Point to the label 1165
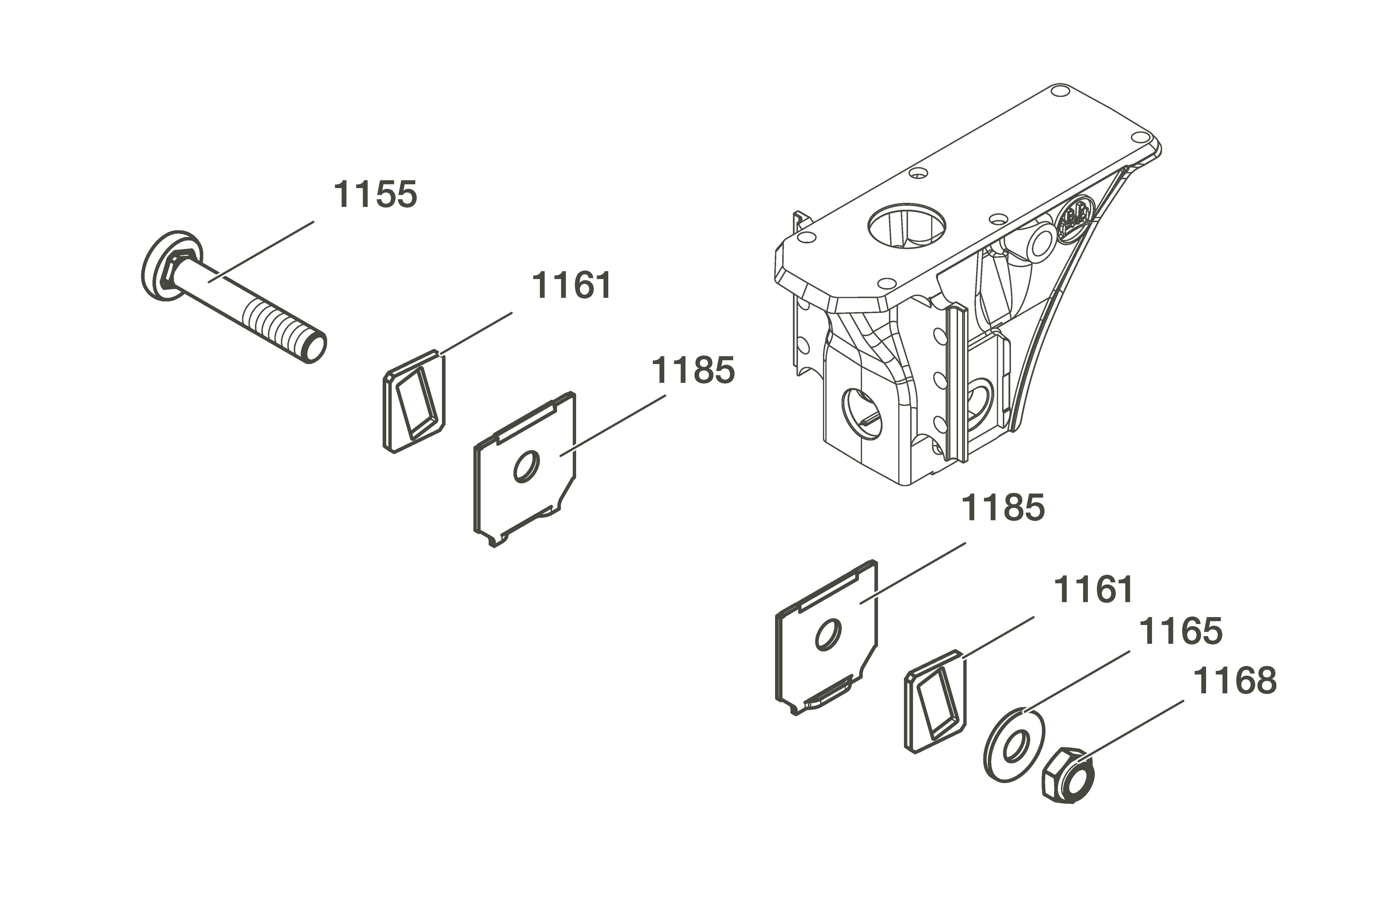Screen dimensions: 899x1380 1181,631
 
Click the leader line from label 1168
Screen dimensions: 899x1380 1131,730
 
